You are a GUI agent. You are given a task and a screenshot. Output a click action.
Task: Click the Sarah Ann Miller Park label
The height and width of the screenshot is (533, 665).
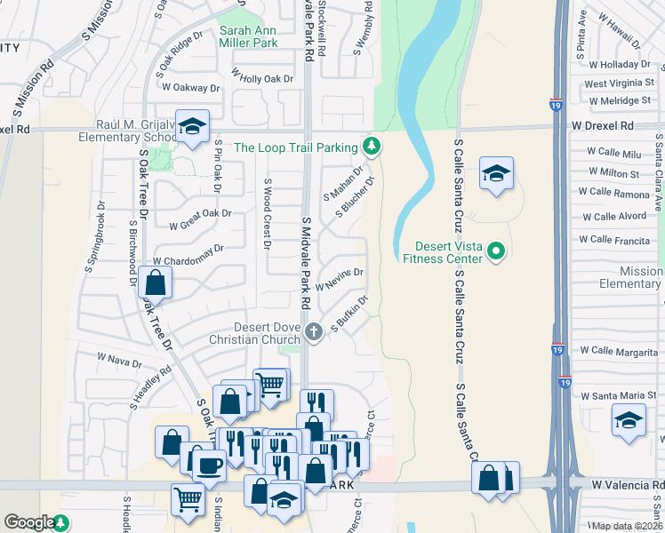click(x=248, y=36)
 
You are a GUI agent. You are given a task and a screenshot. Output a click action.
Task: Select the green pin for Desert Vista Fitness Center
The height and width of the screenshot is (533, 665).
click(x=497, y=252)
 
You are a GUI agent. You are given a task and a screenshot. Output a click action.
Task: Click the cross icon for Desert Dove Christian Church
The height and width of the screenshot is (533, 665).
click(x=312, y=332)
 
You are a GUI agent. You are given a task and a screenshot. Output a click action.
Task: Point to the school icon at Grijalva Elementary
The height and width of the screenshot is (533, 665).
click(x=190, y=127)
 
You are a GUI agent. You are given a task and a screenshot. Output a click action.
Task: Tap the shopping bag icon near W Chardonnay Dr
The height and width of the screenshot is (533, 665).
click(x=155, y=283)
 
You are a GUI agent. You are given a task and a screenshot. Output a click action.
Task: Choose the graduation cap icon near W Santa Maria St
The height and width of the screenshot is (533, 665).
click(x=629, y=418)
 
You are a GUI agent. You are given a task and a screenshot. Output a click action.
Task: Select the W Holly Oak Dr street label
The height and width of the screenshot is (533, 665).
click(x=261, y=79)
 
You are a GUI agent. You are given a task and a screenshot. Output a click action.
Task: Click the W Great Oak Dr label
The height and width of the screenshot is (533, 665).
click(x=194, y=213)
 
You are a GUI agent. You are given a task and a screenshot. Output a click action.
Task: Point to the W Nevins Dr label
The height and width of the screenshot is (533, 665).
click(x=340, y=281)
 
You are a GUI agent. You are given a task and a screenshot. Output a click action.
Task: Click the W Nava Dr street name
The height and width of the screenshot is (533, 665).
click(x=119, y=362)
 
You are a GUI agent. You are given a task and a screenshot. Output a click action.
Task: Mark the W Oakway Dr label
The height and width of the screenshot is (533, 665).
click(x=188, y=88)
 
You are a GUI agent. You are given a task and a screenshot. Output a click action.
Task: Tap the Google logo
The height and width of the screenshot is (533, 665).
click(x=29, y=523)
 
